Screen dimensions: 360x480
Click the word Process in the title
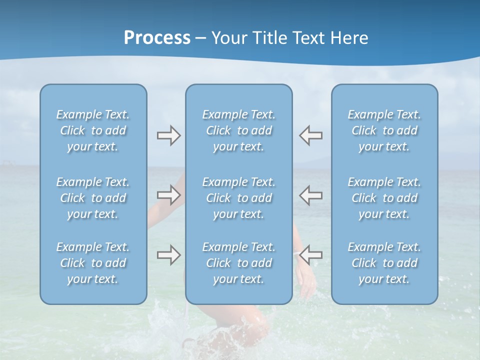coord(157,38)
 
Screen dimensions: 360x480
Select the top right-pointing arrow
coord(168,135)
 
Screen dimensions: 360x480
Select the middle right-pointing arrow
coord(168,195)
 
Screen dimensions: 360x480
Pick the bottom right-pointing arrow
coord(168,255)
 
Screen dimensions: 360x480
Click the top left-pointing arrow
coord(311,135)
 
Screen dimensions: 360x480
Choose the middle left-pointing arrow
coord(311,195)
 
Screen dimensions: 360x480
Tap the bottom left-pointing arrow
coord(311,255)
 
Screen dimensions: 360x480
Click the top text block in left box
coord(93,130)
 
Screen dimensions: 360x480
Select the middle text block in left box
coord(93,198)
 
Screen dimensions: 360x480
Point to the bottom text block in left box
coord(93,263)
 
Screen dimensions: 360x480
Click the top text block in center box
coord(239,130)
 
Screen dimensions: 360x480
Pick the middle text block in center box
coord(239,198)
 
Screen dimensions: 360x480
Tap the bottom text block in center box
coord(239,263)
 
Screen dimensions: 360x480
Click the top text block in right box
coord(384,130)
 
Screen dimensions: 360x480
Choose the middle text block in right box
coord(384,198)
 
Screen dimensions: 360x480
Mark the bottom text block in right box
coord(384,263)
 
